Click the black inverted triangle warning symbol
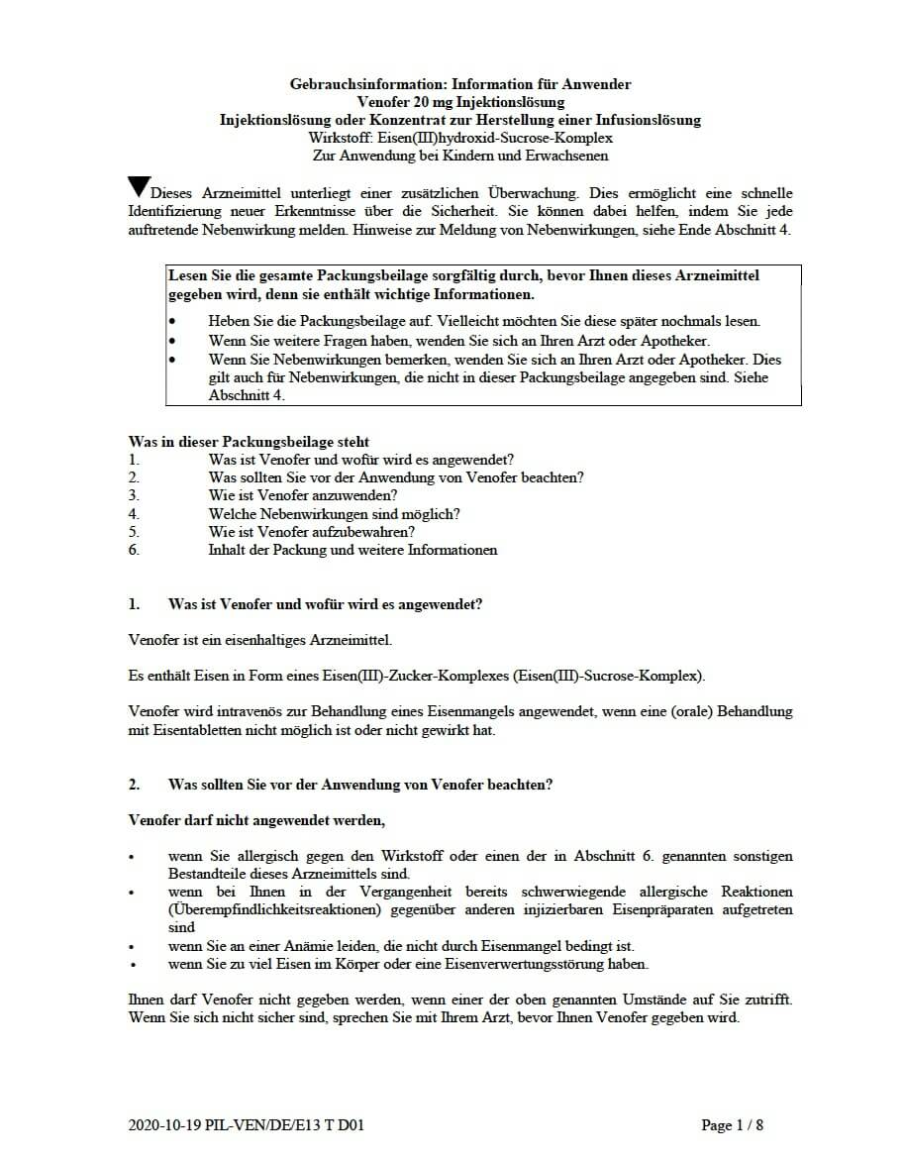point(140,185)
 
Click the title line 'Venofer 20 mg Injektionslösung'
point(460,102)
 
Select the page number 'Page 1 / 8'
point(732,1125)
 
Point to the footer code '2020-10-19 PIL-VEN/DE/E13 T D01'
point(252,1125)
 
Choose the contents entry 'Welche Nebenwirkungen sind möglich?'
point(334,514)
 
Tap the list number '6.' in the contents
point(134,550)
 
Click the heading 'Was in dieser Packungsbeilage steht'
point(249,442)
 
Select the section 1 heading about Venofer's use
point(326,604)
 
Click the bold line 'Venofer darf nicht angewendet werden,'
point(256,820)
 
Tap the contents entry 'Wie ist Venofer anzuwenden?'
point(303,495)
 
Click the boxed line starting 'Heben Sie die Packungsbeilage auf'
point(484,322)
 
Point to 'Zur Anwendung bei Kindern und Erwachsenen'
point(459,156)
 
